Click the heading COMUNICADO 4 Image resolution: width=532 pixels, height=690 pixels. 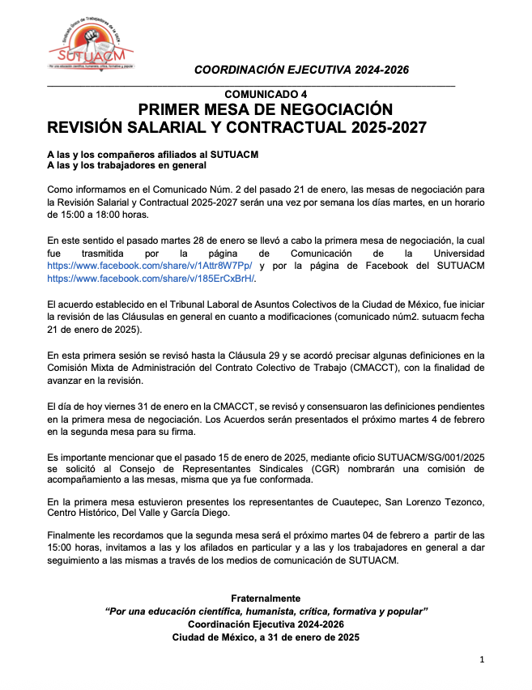[x=266, y=95]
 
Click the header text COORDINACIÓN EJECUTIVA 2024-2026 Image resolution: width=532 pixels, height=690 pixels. [x=301, y=70]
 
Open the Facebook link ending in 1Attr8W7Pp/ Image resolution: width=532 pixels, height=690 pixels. [x=150, y=265]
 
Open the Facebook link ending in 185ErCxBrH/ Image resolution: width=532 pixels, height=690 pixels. [x=151, y=278]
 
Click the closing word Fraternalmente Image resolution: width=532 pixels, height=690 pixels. [x=266, y=598]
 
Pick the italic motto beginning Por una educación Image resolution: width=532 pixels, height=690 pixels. [x=266, y=611]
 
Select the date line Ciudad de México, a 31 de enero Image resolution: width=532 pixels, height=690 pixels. [x=266, y=637]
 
